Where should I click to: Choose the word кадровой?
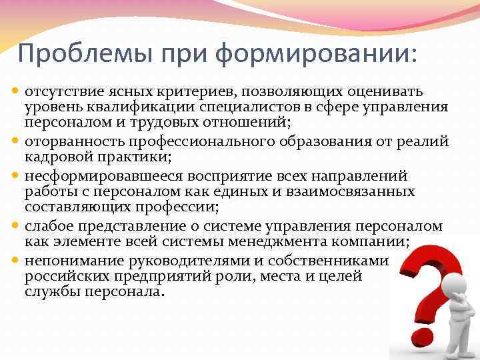click(x=53, y=157)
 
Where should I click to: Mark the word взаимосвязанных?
click(x=363, y=191)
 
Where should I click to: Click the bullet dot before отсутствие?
click(x=17, y=91)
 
